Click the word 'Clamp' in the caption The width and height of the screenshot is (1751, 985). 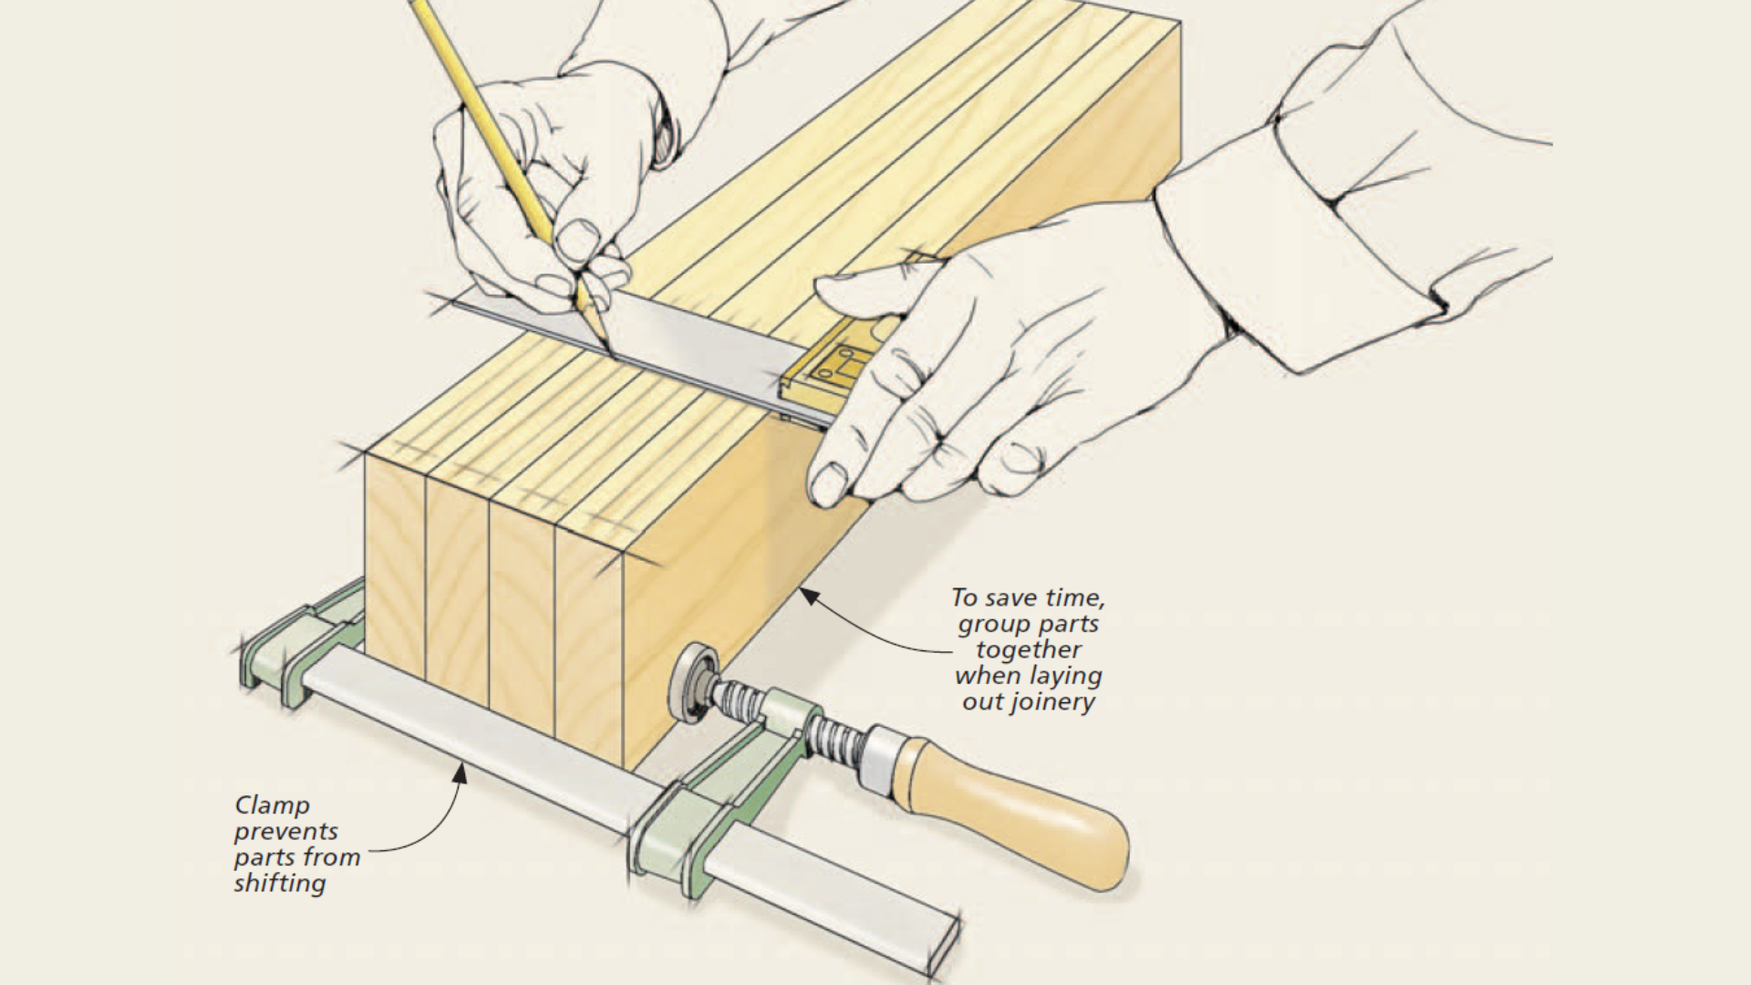tap(272, 805)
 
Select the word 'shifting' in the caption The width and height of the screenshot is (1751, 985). tap(279, 883)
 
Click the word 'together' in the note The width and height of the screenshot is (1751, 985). tap(1028, 649)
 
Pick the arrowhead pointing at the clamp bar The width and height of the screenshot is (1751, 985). tap(461, 774)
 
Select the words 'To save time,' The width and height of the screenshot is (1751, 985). tap(1028, 598)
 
